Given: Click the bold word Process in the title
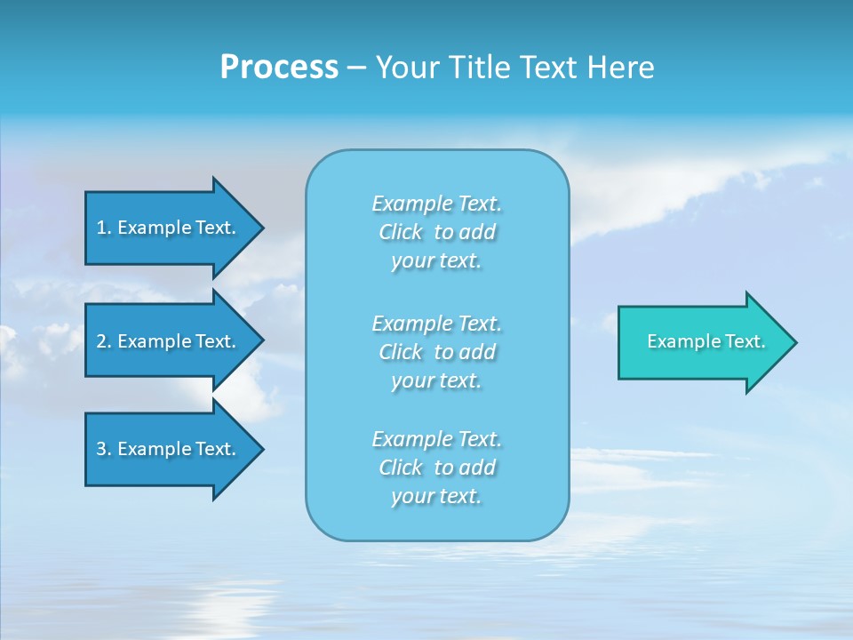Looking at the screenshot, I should pyautogui.click(x=279, y=68).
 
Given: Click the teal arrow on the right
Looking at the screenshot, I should pyautogui.click(x=702, y=341).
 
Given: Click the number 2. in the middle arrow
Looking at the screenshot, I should pyautogui.click(x=103, y=341).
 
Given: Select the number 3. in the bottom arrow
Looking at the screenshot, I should pyautogui.click(x=103, y=449).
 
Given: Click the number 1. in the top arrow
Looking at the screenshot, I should pyautogui.click(x=103, y=228).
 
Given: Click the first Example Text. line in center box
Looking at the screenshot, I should pyautogui.click(x=436, y=204).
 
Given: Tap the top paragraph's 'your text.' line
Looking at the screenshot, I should pyautogui.click(x=436, y=260).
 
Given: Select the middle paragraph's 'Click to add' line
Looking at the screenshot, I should pyautogui.click(x=436, y=352).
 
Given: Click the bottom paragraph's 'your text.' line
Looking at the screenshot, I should pyautogui.click(x=436, y=496).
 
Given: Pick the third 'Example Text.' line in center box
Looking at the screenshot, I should pyautogui.click(x=436, y=439).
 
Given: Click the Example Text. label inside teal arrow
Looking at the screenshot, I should pyautogui.click(x=706, y=341).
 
